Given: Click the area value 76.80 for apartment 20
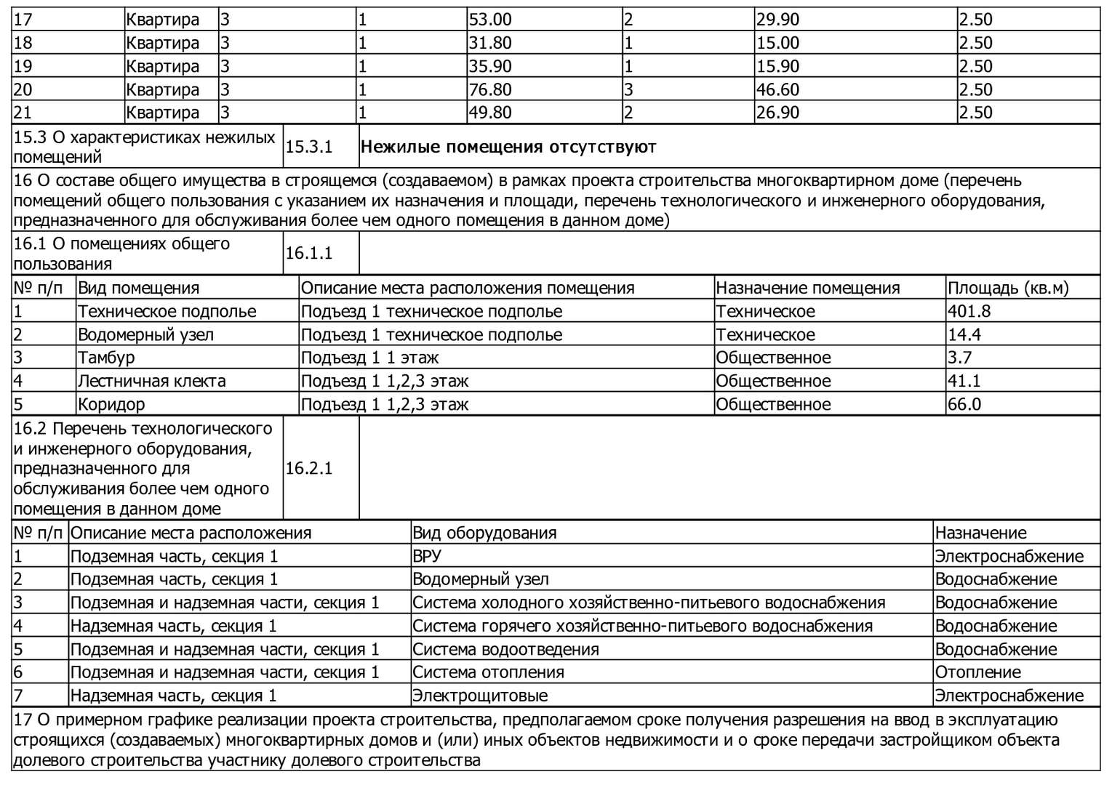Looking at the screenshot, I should point(490,89).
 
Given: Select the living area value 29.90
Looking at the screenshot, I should point(777,20).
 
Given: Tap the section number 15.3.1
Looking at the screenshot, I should point(309,147).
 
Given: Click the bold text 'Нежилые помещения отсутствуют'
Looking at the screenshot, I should point(508,147).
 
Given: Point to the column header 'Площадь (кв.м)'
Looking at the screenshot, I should point(1008,288).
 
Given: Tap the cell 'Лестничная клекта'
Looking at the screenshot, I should point(151,381).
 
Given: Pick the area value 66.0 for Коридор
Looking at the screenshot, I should point(964,404).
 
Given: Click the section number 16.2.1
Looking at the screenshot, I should point(309,468).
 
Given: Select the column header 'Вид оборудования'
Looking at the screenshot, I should point(484,533).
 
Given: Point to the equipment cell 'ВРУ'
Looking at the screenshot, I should point(427,556).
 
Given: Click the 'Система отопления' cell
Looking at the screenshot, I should point(488,672).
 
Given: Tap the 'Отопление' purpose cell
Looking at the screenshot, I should point(977,672).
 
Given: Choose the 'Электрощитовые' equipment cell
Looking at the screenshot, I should point(480,696).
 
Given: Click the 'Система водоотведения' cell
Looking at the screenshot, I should point(505,649).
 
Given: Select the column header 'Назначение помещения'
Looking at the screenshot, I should point(808,288).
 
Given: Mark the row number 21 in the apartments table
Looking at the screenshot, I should point(23,113).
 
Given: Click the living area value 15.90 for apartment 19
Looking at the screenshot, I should point(777,66).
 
